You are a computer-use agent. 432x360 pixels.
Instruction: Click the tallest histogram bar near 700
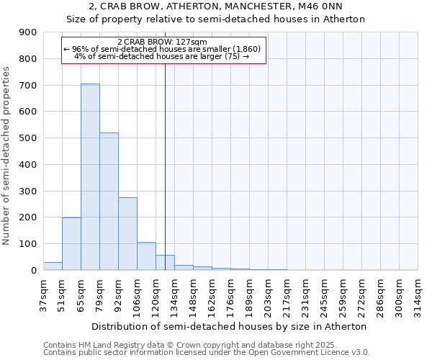click(90, 176)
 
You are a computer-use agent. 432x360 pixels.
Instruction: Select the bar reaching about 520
click(109, 202)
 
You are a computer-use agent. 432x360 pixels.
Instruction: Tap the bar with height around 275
click(127, 233)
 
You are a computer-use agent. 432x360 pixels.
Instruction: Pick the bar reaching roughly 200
click(71, 243)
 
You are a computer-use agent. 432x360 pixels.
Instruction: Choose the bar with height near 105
click(146, 256)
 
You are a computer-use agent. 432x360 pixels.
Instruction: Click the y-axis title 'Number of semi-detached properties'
click(7, 156)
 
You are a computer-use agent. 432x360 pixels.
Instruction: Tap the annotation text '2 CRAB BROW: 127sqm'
click(161, 42)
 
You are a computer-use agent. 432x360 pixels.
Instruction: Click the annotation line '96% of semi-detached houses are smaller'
click(161, 49)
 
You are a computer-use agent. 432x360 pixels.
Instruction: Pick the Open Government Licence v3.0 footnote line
click(207, 353)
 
